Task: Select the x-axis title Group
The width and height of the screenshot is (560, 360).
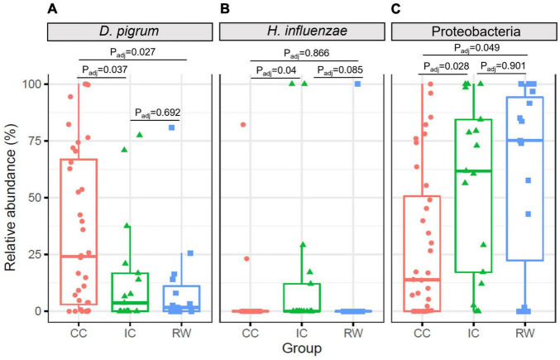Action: [x=297, y=349]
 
